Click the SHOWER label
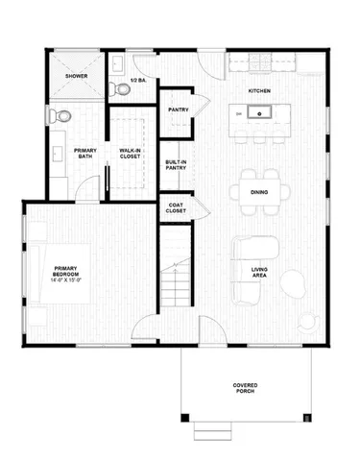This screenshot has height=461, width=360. [x=77, y=75]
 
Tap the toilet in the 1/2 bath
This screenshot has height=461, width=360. [x=122, y=88]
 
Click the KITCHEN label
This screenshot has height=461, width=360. [x=259, y=90]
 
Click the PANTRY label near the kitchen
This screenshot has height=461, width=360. [x=178, y=109]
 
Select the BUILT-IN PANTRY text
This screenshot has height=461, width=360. [x=176, y=165]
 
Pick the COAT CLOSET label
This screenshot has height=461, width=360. [x=176, y=207]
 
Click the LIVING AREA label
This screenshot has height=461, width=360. [x=259, y=272]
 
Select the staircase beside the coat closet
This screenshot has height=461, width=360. [x=177, y=270]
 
